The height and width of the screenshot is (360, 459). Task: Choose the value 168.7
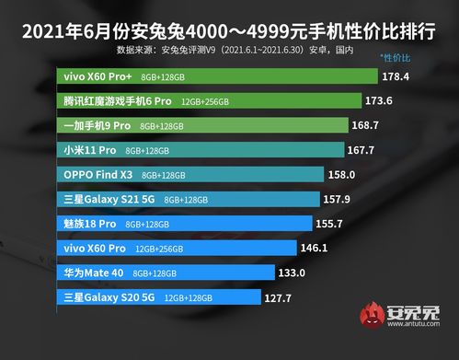[x=367, y=124]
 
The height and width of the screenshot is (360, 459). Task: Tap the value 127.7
[x=276, y=297]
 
